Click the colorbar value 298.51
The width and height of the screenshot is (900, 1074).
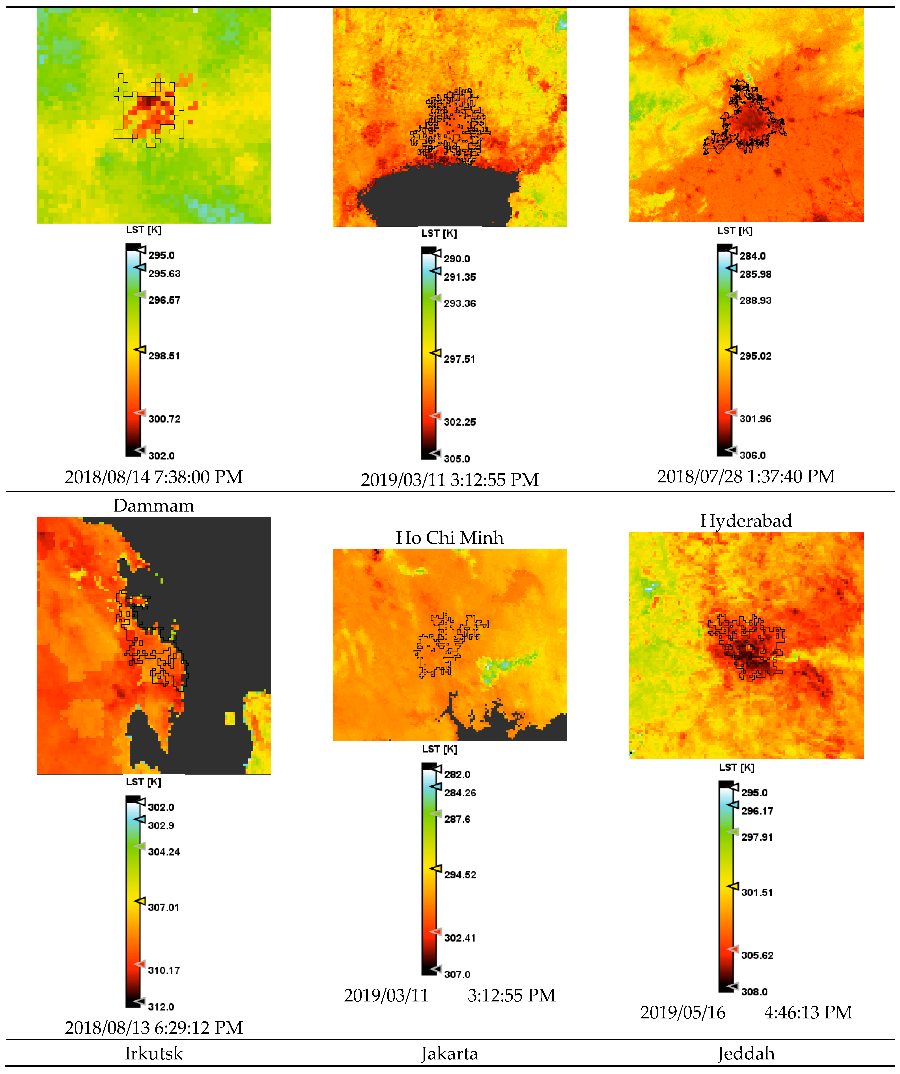click(x=164, y=356)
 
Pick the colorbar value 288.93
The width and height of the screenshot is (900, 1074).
click(x=755, y=301)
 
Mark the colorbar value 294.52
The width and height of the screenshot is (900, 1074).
click(x=460, y=875)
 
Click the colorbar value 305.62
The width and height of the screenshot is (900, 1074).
click(x=757, y=955)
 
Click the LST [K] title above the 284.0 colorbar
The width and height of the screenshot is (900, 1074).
click(x=735, y=231)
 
